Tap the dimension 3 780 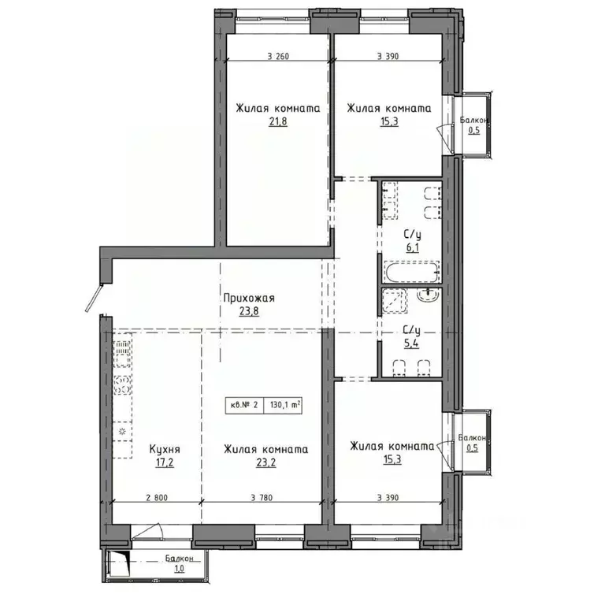[x=265, y=497]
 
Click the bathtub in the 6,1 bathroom [x=410, y=274]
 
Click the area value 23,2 [x=265, y=463]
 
